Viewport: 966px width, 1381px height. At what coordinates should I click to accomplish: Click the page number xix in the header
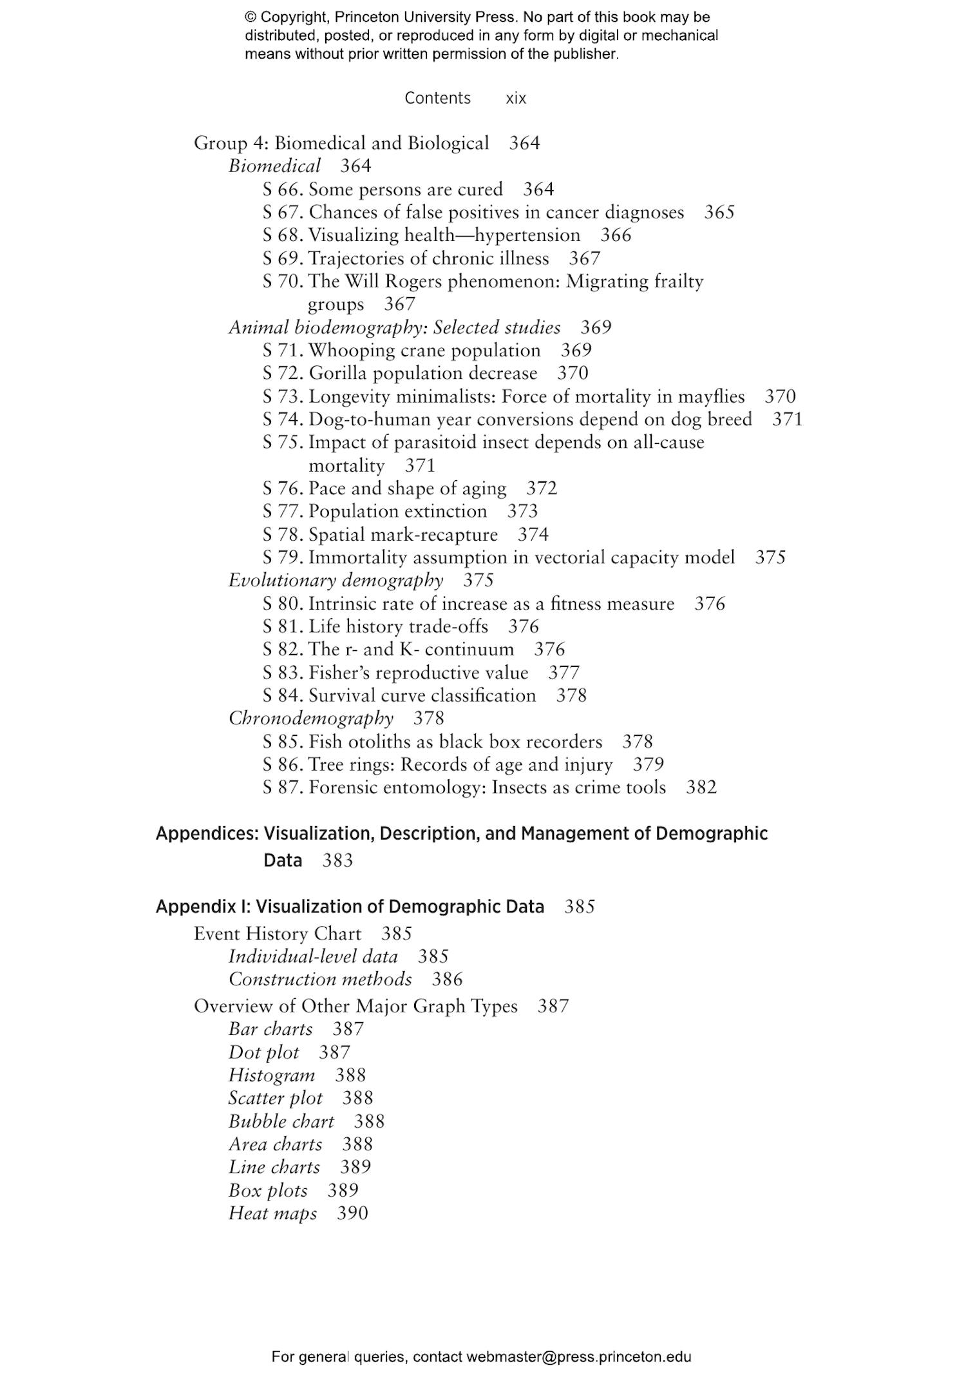[x=516, y=98]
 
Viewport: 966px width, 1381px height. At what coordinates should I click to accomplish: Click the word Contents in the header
[x=437, y=98]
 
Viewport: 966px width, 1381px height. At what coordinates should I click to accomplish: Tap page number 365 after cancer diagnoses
[x=719, y=212]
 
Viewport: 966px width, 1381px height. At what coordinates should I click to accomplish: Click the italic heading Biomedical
[x=274, y=166]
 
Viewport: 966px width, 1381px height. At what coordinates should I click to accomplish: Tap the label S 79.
[x=282, y=557]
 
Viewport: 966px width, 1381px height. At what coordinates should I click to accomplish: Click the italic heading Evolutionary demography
[x=336, y=581]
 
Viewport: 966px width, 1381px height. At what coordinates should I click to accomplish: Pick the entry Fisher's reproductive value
[x=418, y=673]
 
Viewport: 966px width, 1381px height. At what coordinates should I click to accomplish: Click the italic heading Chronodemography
[x=311, y=719]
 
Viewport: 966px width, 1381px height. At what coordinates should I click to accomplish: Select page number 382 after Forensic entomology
[x=701, y=787]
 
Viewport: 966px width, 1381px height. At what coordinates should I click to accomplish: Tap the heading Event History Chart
[x=278, y=934]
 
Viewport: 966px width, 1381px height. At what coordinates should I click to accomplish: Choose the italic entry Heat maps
[x=272, y=1213]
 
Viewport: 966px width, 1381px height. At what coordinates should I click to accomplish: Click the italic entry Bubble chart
[x=281, y=1121]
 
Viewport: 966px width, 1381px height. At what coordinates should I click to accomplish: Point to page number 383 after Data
[x=337, y=861]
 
